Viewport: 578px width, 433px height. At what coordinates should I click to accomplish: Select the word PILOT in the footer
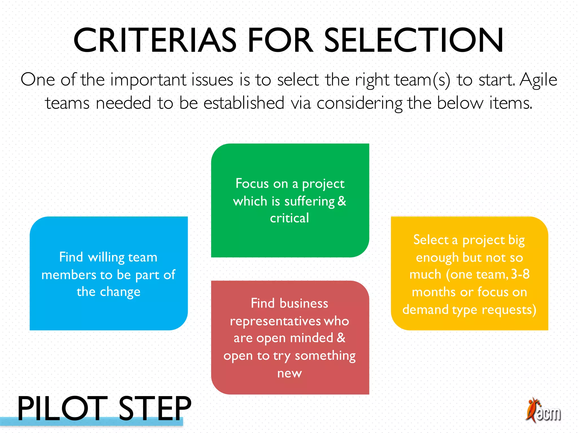point(62,408)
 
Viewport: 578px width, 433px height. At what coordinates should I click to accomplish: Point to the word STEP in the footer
point(155,408)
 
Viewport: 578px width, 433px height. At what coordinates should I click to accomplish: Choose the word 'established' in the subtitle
point(244,103)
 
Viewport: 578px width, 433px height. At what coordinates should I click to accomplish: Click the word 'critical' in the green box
point(289,218)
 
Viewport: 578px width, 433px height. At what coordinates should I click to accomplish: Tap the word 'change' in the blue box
point(120,292)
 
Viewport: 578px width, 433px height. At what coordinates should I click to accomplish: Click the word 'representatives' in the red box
point(275,321)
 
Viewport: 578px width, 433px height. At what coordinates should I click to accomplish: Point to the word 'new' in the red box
point(289,374)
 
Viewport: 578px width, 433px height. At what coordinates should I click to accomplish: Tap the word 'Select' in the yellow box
point(431,240)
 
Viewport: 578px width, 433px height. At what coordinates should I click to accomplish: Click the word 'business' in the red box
point(304,304)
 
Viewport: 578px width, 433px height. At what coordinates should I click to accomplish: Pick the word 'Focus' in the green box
point(252,184)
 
